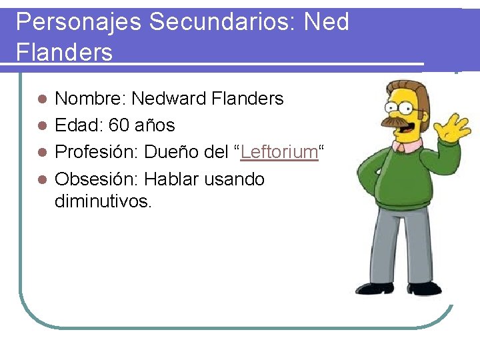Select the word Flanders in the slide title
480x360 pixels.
click(x=64, y=52)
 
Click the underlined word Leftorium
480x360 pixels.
click(x=279, y=152)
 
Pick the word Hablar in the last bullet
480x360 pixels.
click(x=171, y=179)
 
